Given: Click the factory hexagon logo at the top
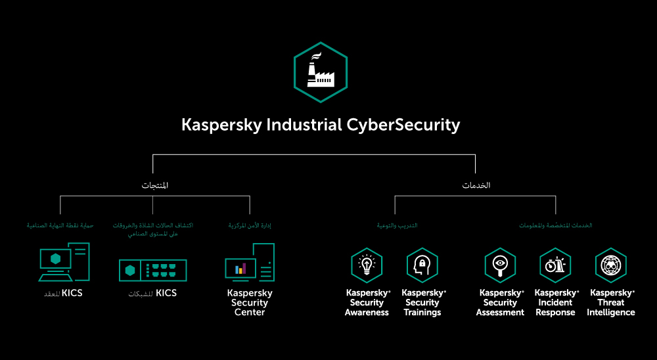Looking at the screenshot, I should point(320,72).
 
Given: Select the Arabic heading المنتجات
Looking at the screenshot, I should point(155,185).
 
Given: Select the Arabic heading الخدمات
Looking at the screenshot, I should point(476,185).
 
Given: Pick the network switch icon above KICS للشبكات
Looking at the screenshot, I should point(153,270).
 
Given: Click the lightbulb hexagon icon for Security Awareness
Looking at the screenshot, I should point(367,265).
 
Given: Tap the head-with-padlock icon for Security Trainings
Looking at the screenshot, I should point(422,265).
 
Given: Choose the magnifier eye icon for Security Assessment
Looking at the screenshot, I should point(500,265).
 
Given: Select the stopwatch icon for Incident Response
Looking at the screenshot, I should point(555,265).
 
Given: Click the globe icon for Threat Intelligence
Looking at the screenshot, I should point(611,265).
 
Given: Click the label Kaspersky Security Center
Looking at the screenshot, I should point(250,303).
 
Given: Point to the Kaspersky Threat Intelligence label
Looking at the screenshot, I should point(611,303).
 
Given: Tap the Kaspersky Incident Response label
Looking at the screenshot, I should point(556,303).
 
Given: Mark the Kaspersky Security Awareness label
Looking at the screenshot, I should point(367,303).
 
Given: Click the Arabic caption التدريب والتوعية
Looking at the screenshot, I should point(397,225).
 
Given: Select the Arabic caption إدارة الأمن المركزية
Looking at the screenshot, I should point(250,225).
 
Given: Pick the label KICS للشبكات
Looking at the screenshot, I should point(152,294).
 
